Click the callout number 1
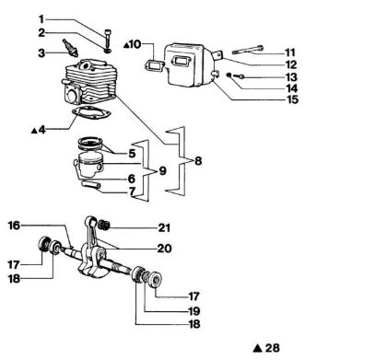click(x=41, y=18)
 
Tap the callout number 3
click(x=41, y=53)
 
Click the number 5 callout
click(x=132, y=153)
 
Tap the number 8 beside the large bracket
click(x=190, y=161)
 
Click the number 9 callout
click(x=162, y=170)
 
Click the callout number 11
click(x=291, y=52)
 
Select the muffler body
click(x=189, y=62)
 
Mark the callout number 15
click(x=291, y=99)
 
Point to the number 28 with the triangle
click(x=270, y=348)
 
